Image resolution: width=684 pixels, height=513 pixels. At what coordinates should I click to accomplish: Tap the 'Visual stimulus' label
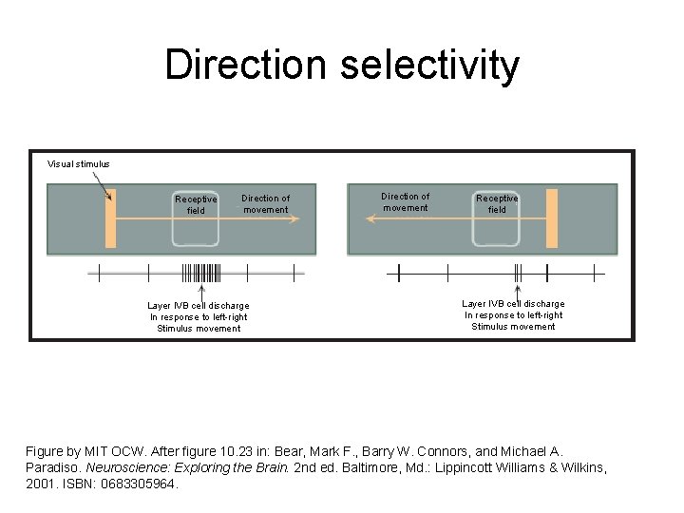pyautogui.click(x=79, y=163)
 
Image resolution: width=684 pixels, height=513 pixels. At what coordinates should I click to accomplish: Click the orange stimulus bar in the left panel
pyautogui.click(x=110, y=218)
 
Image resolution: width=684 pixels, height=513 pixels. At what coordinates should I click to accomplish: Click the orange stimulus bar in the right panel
pyautogui.click(x=551, y=218)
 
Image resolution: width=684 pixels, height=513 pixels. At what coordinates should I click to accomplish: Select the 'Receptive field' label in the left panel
pyautogui.click(x=196, y=205)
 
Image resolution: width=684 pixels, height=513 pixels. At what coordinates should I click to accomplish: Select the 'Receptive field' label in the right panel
pyautogui.click(x=497, y=203)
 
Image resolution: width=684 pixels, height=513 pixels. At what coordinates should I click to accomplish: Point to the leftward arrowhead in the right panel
pyautogui.click(x=371, y=218)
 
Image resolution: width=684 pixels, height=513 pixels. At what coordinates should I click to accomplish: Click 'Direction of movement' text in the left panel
pyautogui.click(x=266, y=204)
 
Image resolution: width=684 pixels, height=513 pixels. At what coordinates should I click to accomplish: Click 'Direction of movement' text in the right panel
pyautogui.click(x=406, y=201)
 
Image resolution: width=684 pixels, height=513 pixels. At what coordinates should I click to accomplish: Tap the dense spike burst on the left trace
pyautogui.click(x=200, y=274)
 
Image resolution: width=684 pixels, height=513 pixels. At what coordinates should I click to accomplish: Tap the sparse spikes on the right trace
pyautogui.click(x=518, y=273)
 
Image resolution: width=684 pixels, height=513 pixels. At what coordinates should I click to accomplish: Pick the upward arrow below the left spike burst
pyautogui.click(x=201, y=291)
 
